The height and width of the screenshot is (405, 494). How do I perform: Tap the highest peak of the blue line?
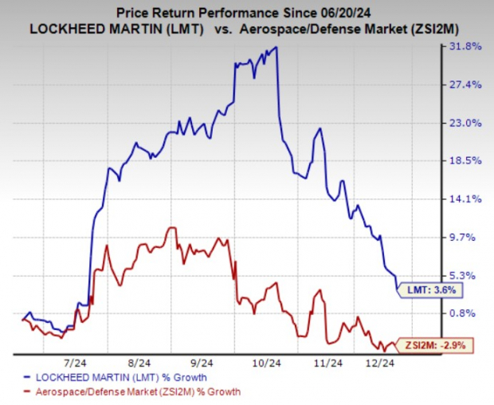point(276,48)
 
